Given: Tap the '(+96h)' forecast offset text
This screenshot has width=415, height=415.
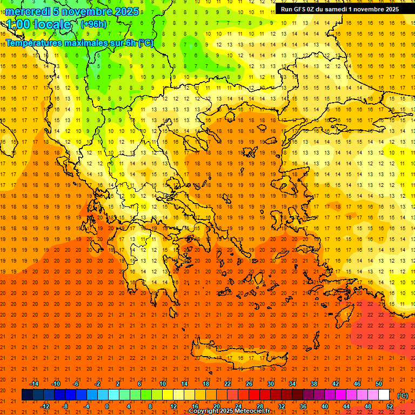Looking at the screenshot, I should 93,24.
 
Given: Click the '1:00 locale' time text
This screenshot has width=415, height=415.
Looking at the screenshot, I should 38,24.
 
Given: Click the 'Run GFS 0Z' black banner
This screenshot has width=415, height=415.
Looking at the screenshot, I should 339,9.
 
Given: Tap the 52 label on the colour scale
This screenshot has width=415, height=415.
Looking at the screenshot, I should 390,406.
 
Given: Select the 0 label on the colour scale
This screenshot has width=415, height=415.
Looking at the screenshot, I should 107,406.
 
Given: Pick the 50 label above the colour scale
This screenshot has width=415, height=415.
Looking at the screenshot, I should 378,384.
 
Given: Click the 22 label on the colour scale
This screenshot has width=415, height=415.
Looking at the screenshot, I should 227,384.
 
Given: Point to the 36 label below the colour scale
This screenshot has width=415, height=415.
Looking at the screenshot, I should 303,406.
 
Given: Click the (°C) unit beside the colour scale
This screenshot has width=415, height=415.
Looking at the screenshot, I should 402,396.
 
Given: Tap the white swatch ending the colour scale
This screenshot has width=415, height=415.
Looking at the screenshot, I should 384,395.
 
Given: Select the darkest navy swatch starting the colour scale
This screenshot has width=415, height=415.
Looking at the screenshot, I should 27,395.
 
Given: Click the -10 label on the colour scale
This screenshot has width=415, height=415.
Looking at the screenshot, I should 55,384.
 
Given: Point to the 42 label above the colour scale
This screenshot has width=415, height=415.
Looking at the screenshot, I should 335,384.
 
